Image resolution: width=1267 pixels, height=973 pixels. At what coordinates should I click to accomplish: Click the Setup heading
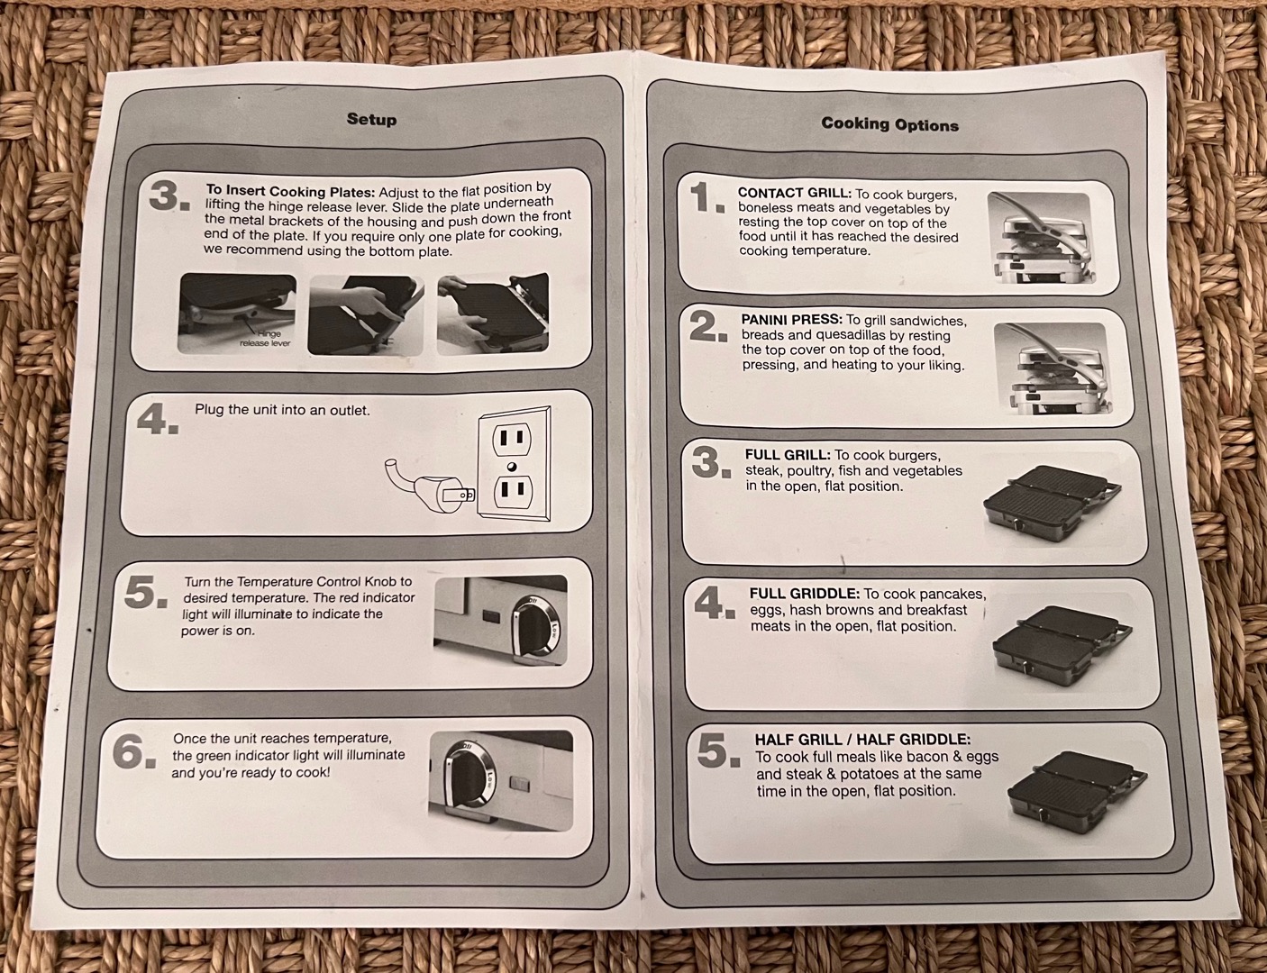tap(371, 120)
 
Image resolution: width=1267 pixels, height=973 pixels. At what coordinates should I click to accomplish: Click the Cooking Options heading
tap(889, 124)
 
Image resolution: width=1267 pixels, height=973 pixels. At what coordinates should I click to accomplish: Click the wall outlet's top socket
tap(512, 438)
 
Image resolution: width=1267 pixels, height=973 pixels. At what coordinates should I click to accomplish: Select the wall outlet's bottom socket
tap(513, 491)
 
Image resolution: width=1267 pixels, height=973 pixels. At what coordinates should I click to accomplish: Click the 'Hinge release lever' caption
tap(266, 338)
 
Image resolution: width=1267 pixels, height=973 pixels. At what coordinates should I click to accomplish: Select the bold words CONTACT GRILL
tap(795, 193)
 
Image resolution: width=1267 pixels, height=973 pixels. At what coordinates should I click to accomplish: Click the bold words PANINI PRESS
tap(792, 320)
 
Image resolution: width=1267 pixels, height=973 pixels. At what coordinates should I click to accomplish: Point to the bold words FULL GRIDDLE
tap(805, 593)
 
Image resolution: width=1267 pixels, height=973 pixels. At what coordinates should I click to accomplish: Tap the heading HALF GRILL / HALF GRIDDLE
tap(863, 740)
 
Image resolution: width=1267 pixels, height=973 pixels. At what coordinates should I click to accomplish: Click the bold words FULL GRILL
tap(788, 454)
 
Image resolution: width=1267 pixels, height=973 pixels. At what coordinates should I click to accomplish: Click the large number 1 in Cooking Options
tap(707, 198)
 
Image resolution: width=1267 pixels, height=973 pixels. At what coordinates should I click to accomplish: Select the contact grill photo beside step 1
tap(1040, 238)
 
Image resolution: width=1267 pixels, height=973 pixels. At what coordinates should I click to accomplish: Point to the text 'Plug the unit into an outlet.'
tap(282, 410)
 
